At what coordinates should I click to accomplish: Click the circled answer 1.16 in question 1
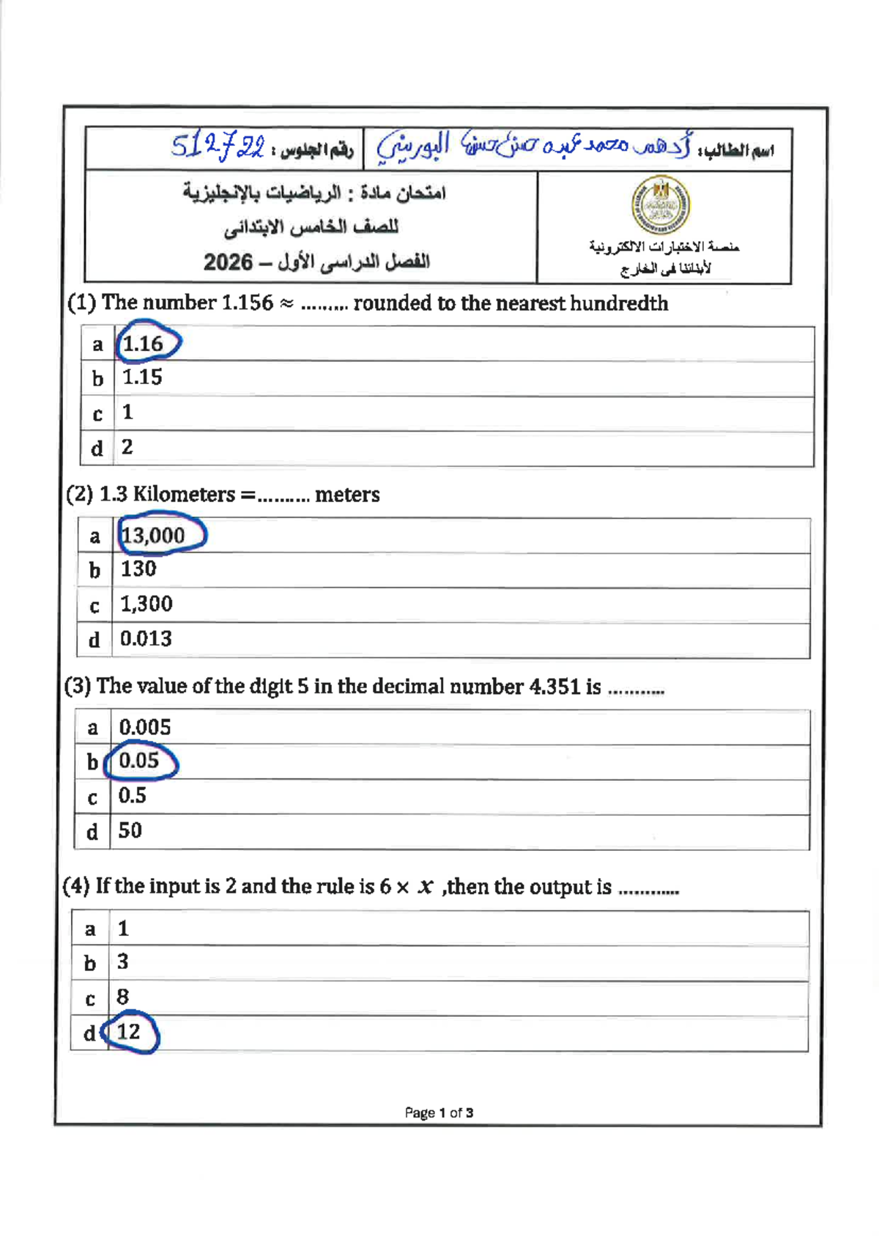click(144, 343)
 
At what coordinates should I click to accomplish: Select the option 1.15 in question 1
click(142, 377)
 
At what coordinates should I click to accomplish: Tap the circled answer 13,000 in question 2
click(154, 535)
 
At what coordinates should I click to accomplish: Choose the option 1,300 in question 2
click(146, 604)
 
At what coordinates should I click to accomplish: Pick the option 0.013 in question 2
click(146, 639)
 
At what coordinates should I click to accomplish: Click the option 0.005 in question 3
click(145, 727)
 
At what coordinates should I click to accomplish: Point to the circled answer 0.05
click(139, 761)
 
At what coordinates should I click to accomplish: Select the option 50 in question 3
click(130, 830)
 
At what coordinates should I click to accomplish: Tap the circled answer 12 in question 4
click(129, 1032)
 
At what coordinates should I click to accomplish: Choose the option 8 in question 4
click(122, 997)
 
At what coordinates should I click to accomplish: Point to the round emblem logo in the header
click(661, 204)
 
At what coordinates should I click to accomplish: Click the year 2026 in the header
click(228, 262)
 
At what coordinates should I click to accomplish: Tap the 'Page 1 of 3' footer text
click(439, 1113)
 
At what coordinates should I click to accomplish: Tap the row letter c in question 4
click(90, 998)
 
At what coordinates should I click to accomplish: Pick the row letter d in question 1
click(97, 449)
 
